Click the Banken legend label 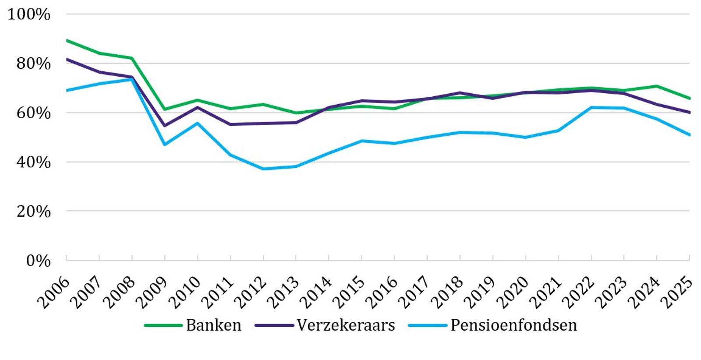[x=213, y=325]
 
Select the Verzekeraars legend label [x=346, y=325]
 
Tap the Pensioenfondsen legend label [x=513, y=325]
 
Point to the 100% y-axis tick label [x=29, y=14]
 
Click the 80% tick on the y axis [x=34, y=64]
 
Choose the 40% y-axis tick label [x=34, y=162]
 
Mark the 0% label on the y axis [x=38, y=261]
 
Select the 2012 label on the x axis [x=251, y=293]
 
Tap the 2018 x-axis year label [x=447, y=293]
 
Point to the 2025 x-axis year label [x=677, y=293]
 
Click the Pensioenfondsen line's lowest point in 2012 [x=263, y=169]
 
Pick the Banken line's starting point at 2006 [x=67, y=40]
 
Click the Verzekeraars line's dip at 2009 [x=165, y=126]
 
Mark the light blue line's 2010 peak [x=198, y=123]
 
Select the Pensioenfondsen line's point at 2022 [x=591, y=107]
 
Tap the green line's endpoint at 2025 [x=690, y=99]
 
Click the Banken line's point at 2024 [x=656, y=86]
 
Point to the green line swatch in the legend [x=163, y=325]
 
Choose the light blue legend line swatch [x=427, y=325]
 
